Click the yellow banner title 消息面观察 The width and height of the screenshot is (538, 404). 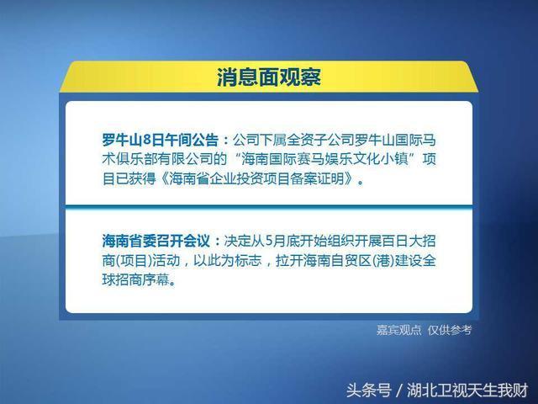point(269,77)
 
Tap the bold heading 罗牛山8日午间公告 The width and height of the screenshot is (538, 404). point(161,140)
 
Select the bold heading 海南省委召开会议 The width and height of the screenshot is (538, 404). point(156,241)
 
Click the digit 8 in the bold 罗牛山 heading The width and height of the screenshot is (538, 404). point(147,140)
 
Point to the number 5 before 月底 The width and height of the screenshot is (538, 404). point(269,242)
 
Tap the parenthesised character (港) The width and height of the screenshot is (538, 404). point(383,260)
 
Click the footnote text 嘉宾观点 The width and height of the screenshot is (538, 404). point(398,330)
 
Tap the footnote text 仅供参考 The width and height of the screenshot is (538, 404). point(450,330)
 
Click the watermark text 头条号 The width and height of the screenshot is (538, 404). point(368,391)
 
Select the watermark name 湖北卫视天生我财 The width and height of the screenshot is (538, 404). point(467,391)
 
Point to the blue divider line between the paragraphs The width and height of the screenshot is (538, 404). point(269,206)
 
